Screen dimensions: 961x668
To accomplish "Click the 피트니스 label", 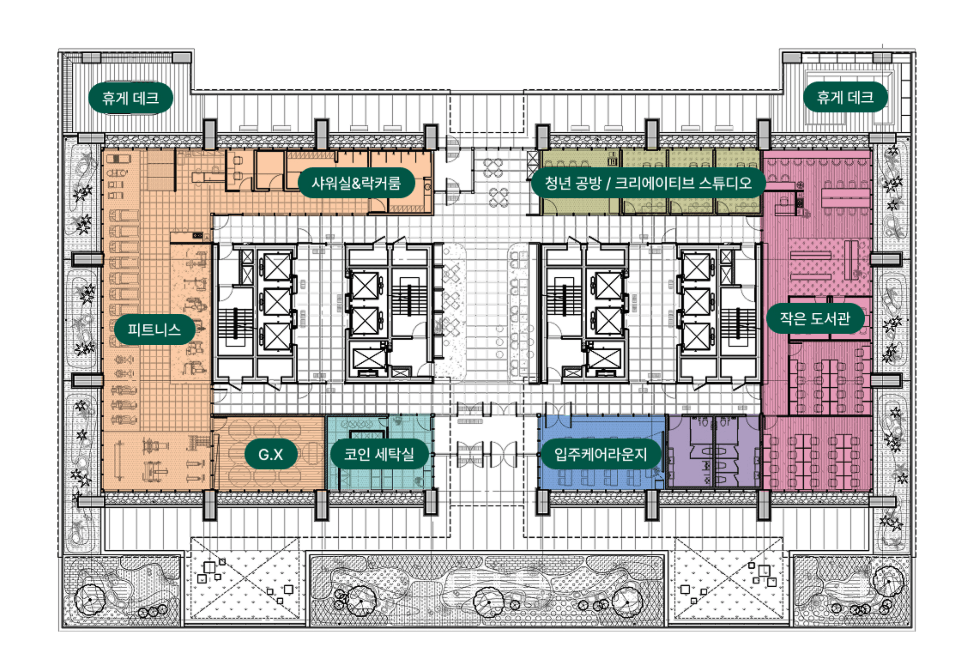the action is tap(155, 330).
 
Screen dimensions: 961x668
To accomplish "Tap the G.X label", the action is tap(271, 454).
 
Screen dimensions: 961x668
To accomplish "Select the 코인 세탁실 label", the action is tap(379, 454).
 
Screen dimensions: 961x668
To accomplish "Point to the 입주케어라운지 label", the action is tap(600, 454).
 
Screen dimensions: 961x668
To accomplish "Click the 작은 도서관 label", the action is tap(815, 319).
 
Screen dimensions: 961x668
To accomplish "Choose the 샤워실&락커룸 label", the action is tap(356, 183).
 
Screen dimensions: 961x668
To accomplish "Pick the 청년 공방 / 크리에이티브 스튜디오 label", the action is tap(648, 183).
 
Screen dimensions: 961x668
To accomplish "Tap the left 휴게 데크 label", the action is tap(131, 98).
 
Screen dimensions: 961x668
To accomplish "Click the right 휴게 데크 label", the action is tap(845, 97).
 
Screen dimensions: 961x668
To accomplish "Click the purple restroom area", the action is tap(713, 451).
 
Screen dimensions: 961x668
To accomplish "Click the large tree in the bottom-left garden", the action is tap(90, 599).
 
